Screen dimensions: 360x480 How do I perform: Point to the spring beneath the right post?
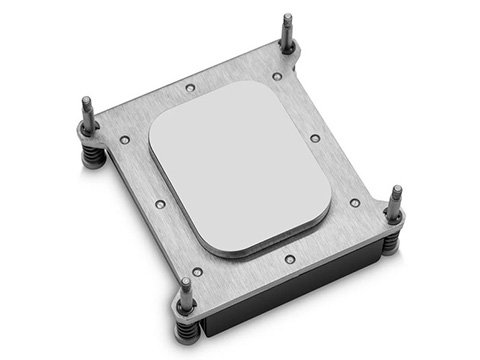tap(392, 240)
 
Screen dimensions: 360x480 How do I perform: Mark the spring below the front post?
tap(187, 332)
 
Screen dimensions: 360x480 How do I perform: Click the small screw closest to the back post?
tap(277, 76)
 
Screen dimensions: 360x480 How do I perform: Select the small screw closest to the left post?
tap(124, 140)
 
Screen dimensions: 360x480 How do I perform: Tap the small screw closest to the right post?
tap(355, 202)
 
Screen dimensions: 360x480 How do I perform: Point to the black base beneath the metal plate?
tap(300, 300)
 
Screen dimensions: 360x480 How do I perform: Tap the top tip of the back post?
tap(287, 18)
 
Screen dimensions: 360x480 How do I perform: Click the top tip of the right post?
tap(396, 189)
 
